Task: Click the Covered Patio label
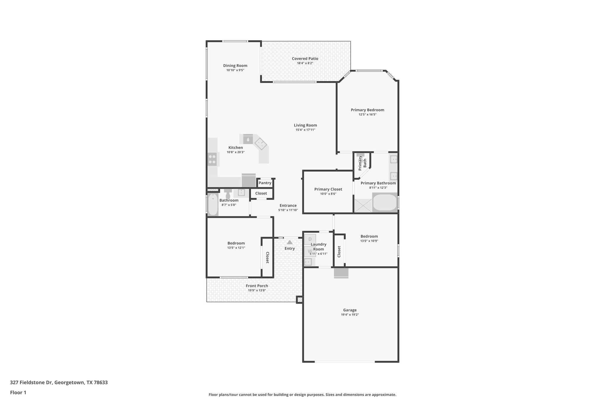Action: [x=305, y=58]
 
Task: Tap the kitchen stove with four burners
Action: [x=212, y=159]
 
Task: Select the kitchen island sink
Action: [x=248, y=139]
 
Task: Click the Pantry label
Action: [x=265, y=183]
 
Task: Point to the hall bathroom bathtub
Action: [x=213, y=205]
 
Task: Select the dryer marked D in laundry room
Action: [x=310, y=239]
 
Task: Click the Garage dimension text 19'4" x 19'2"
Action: [x=350, y=315]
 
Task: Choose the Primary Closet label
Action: [x=328, y=189]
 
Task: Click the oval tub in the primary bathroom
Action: [x=385, y=203]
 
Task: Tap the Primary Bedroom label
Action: [x=367, y=110]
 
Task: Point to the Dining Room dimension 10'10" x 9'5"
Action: [x=235, y=70]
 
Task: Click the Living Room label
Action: [x=305, y=125]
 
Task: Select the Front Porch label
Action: [x=257, y=286]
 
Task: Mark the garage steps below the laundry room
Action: [x=341, y=273]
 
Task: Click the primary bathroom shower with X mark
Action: [x=363, y=205]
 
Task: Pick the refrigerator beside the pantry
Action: [x=248, y=180]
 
